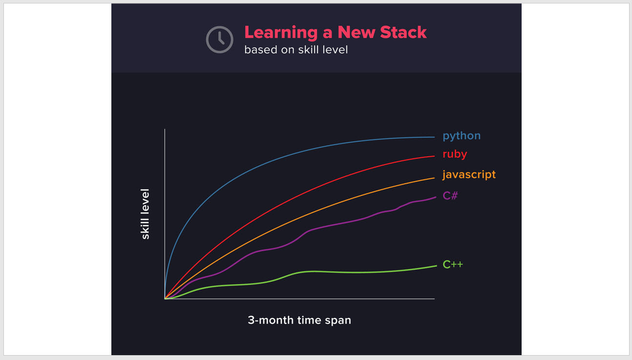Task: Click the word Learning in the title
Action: point(281,33)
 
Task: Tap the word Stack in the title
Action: point(403,32)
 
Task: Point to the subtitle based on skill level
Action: point(296,50)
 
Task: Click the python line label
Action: point(462,136)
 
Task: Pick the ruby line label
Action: point(455,154)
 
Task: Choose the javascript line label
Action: point(469,175)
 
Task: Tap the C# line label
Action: point(450,195)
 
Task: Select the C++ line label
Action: point(453,264)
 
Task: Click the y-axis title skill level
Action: point(145,214)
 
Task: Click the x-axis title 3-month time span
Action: point(299,320)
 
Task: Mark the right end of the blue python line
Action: point(435,137)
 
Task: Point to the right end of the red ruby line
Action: point(435,156)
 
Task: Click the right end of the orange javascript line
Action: point(435,178)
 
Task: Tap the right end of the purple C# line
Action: point(436,197)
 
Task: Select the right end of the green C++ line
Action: point(437,266)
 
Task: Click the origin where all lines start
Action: point(165,298)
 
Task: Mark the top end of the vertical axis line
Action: point(165,129)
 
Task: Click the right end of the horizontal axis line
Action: point(435,298)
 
